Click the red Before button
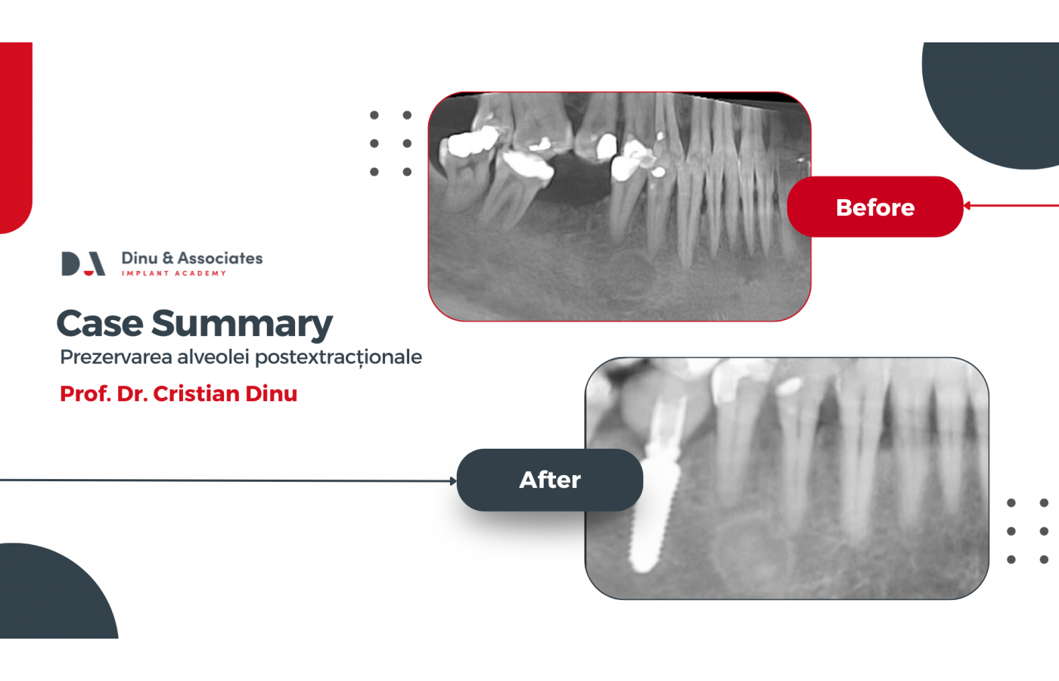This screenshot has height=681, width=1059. pyautogui.click(x=875, y=207)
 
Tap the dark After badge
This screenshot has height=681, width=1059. pyautogui.click(x=550, y=480)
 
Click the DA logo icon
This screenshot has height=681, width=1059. pyautogui.click(x=83, y=263)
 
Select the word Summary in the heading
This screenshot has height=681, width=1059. pyautogui.click(x=242, y=325)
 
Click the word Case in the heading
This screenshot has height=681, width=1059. pyautogui.click(x=100, y=324)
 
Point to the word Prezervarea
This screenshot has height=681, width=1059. pyautogui.click(x=116, y=357)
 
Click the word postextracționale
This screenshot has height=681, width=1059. pyautogui.click(x=339, y=358)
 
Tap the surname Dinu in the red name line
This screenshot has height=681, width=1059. pyautogui.click(x=272, y=393)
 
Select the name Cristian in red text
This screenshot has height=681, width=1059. pyautogui.click(x=196, y=393)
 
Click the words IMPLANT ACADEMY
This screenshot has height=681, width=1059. pyautogui.click(x=174, y=273)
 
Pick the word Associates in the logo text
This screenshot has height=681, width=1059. pyautogui.click(x=220, y=258)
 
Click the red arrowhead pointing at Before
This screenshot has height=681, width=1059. pyautogui.click(x=967, y=206)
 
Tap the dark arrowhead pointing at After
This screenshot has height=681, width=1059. pyautogui.click(x=453, y=481)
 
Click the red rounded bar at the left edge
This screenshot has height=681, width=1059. pyautogui.click(x=16, y=137)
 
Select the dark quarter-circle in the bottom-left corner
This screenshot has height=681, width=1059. pyautogui.click(x=52, y=596)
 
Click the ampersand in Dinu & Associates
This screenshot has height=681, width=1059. pyautogui.click(x=168, y=258)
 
